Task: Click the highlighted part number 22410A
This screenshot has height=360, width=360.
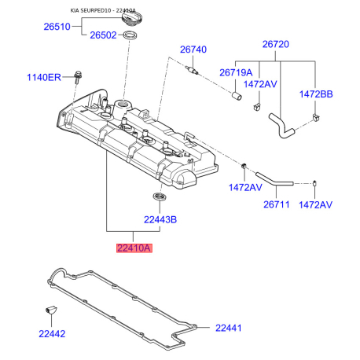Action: [134, 248]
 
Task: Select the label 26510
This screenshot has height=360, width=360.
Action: [57, 27]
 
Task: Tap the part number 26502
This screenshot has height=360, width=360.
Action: [103, 35]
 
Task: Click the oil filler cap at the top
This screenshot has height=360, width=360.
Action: [132, 18]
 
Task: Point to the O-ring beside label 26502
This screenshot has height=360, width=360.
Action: [130, 35]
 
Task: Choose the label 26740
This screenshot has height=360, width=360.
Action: [193, 50]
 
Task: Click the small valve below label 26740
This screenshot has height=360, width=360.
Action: [193, 70]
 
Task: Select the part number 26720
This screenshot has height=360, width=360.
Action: [276, 44]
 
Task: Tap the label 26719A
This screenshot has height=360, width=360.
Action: [236, 72]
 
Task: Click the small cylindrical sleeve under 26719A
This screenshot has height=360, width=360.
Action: [237, 96]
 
